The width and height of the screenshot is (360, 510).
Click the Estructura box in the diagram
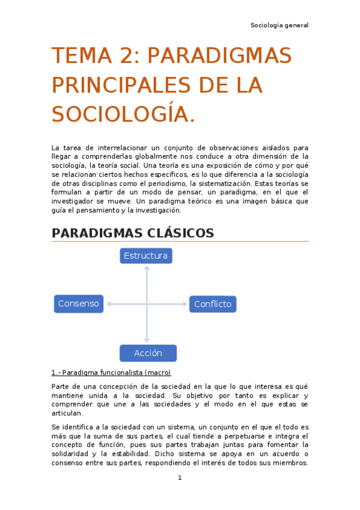point(145,256)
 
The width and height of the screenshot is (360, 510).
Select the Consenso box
point(78,304)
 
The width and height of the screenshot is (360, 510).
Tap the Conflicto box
point(213,304)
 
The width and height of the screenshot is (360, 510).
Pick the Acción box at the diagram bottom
point(148,353)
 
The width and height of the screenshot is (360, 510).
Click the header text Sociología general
point(279,25)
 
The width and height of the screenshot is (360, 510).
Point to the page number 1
point(180,478)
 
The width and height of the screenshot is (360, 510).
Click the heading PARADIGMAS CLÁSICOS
point(133,233)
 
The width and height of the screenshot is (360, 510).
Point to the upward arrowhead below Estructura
point(147,268)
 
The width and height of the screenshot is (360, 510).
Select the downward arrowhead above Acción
point(147,340)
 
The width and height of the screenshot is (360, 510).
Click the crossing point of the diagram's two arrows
point(147,304)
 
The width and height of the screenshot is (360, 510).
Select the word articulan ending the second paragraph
point(67,413)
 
